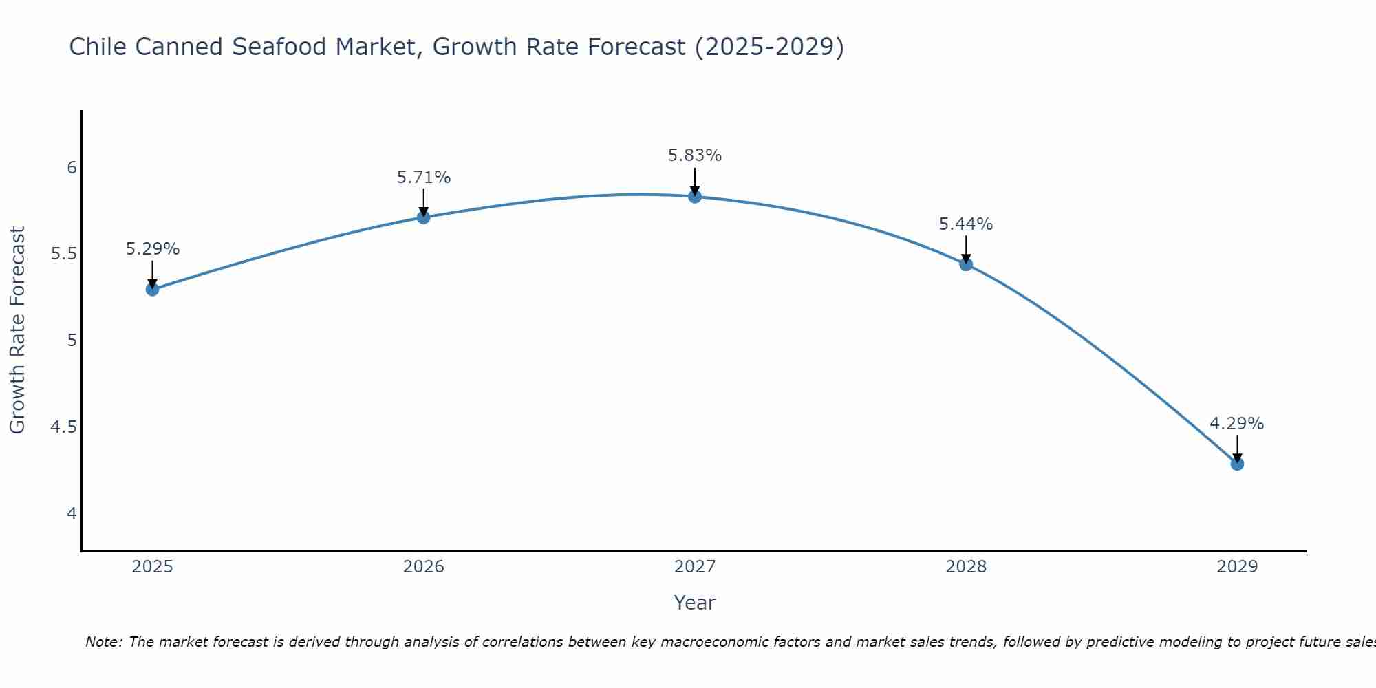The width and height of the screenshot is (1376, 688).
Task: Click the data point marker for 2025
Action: pyautogui.click(x=153, y=289)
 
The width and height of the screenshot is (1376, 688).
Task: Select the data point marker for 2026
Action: pyautogui.click(x=424, y=217)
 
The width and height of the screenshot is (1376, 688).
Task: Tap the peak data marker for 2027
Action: pyautogui.click(x=695, y=197)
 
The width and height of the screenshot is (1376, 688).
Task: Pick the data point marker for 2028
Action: pyautogui.click(x=966, y=264)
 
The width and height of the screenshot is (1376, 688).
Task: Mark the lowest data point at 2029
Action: pyautogui.click(x=1237, y=464)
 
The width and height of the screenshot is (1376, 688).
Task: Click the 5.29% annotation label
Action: pyautogui.click(x=153, y=249)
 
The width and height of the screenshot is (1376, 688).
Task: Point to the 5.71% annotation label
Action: pyautogui.click(x=424, y=178)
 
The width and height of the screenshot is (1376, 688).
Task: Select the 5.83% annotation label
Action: pyautogui.click(x=695, y=155)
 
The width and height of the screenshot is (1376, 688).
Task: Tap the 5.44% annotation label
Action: pyautogui.click(x=966, y=224)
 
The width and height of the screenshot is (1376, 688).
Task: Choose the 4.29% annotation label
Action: pyautogui.click(x=1237, y=424)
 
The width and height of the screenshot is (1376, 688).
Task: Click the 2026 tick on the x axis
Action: pyautogui.click(x=424, y=567)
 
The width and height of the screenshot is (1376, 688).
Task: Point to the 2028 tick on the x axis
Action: pyautogui.click(x=966, y=567)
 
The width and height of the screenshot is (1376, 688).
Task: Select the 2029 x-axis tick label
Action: pyautogui.click(x=1237, y=567)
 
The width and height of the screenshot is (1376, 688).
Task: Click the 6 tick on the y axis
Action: pyautogui.click(x=72, y=168)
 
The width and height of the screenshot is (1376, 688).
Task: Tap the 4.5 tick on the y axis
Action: pyautogui.click(x=64, y=427)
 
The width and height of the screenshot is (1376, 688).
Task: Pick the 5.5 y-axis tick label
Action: pyautogui.click(x=64, y=255)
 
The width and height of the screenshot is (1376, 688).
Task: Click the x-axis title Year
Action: pyautogui.click(x=695, y=603)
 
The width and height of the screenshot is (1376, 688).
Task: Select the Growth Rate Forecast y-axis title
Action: pyautogui.click(x=17, y=330)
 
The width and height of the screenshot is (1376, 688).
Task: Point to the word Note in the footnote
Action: pyautogui.click(x=103, y=642)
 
